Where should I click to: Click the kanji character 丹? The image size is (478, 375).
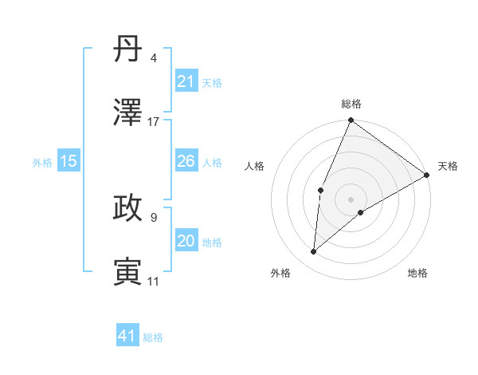(128, 49)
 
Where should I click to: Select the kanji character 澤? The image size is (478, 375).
(128, 113)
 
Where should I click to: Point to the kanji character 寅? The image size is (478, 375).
(128, 271)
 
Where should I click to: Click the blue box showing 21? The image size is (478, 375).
(186, 81)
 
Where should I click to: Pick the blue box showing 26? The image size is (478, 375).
(186, 161)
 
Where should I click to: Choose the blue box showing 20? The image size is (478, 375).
(186, 241)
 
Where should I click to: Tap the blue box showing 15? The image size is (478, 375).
(69, 161)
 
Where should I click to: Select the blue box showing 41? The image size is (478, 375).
(127, 336)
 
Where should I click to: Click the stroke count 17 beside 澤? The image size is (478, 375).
(154, 122)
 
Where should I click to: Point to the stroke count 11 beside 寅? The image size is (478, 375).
(154, 281)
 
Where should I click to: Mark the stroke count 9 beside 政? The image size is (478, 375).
(154, 216)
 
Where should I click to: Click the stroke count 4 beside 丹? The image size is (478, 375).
(154, 58)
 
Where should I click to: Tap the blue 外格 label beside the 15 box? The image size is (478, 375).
(42, 162)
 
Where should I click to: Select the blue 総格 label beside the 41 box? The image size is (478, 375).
(153, 337)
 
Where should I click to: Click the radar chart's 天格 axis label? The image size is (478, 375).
(448, 166)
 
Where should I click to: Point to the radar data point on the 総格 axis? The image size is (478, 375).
(351, 120)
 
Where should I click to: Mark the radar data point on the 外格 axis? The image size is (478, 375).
(314, 252)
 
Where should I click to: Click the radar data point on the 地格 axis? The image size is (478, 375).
(362, 212)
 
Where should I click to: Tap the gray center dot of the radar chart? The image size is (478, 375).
(351, 199)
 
